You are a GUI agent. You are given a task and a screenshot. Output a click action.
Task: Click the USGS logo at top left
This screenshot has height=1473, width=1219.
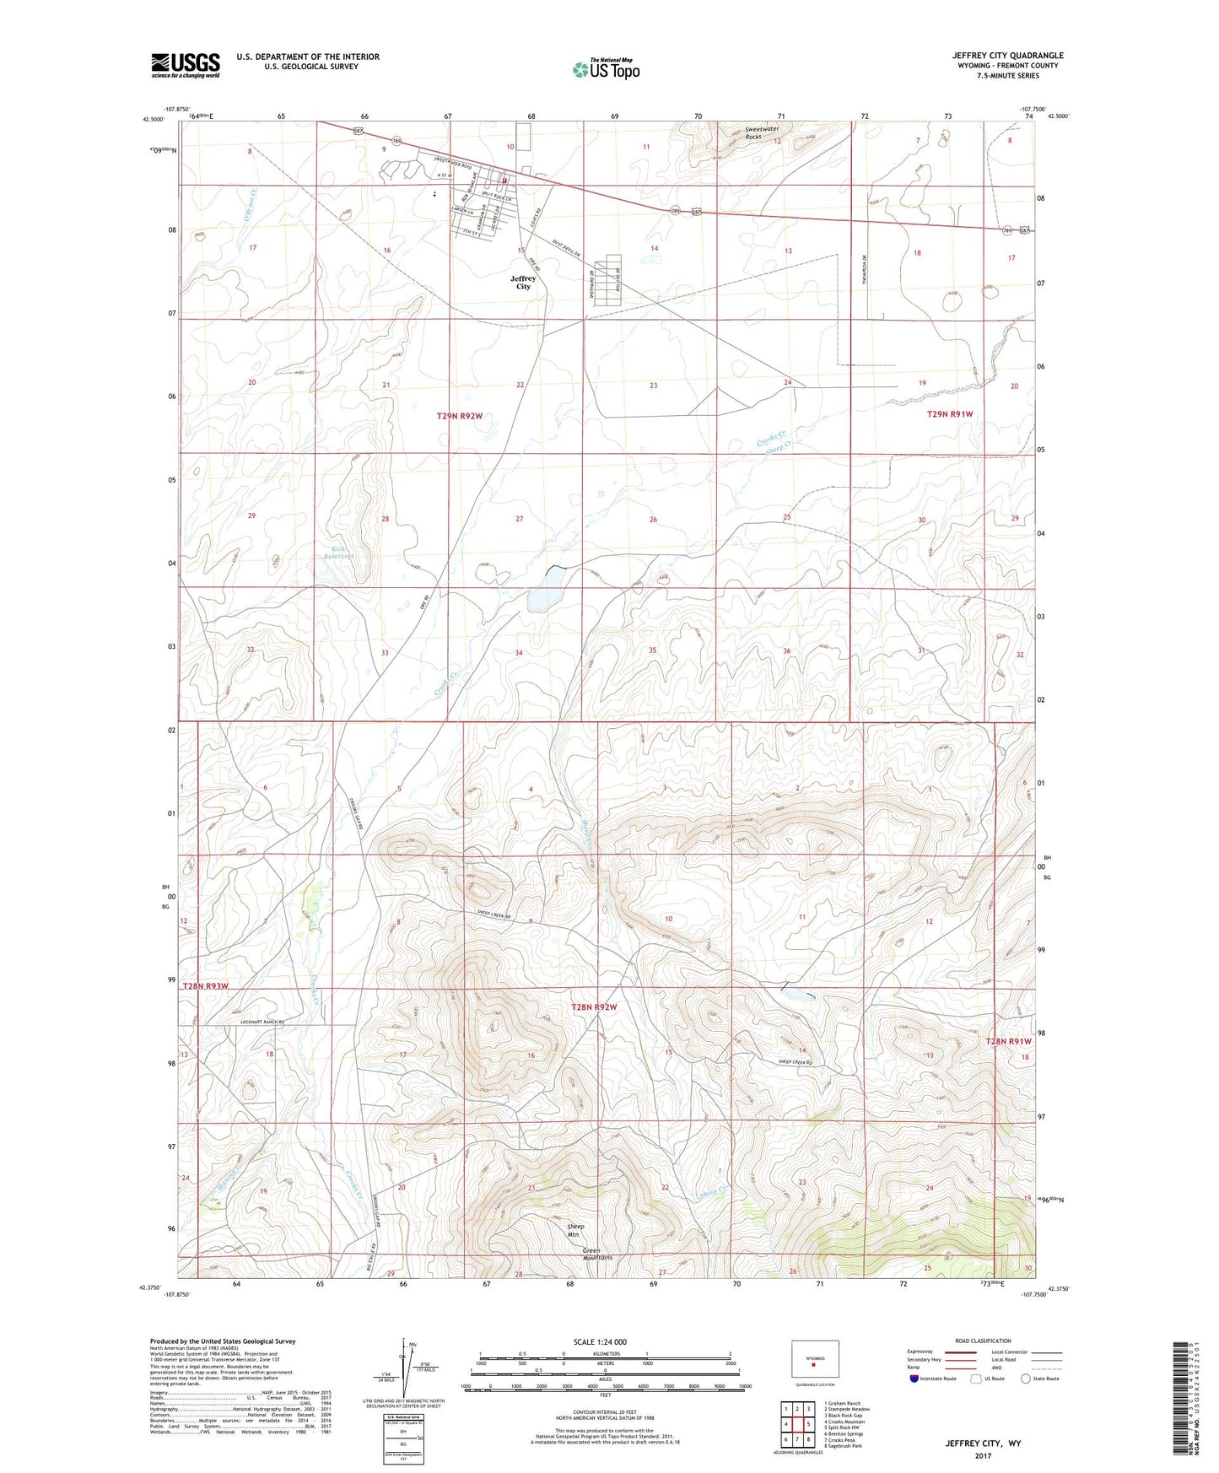tap(186, 65)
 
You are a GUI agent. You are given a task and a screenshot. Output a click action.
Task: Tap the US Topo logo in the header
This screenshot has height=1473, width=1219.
tap(605, 69)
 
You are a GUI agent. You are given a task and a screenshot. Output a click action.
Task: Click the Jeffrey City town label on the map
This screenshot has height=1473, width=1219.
tap(523, 282)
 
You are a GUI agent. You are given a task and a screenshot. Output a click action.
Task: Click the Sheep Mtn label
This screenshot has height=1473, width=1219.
tap(574, 1230)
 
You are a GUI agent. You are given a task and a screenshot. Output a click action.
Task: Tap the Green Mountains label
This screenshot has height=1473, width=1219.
tap(597, 1254)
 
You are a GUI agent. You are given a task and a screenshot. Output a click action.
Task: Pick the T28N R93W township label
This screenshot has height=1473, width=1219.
tap(206, 985)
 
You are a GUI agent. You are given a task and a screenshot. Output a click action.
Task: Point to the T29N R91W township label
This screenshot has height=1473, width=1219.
tap(950, 414)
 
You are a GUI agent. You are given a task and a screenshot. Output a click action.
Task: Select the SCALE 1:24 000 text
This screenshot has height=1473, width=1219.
tap(600, 1342)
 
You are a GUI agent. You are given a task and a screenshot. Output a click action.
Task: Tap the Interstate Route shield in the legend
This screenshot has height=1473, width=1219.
tap(914, 1379)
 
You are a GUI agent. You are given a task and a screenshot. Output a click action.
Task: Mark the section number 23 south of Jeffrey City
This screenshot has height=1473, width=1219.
tap(653, 386)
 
